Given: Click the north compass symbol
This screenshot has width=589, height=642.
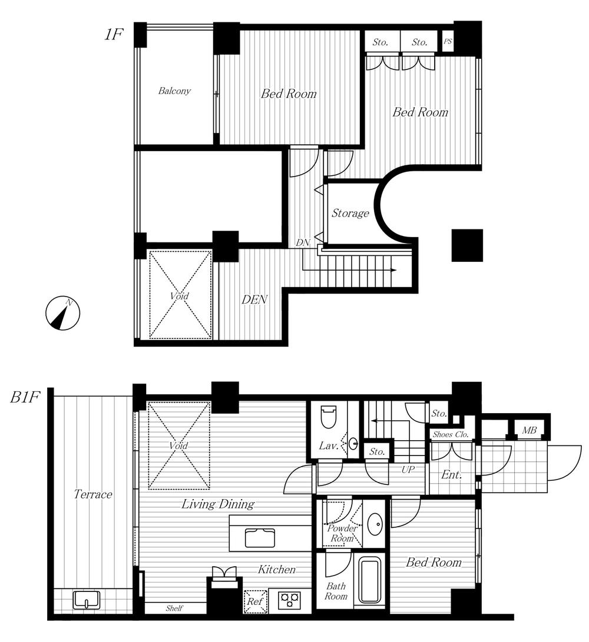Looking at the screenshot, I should coord(62,313).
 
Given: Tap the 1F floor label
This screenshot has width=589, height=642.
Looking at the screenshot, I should coord(113,35).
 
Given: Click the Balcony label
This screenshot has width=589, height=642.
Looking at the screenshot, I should coord(174,91).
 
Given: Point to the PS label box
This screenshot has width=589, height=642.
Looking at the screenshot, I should coord(448,42).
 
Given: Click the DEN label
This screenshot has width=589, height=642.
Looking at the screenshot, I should coord(254,300).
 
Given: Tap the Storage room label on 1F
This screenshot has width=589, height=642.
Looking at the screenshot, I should coord(350,214).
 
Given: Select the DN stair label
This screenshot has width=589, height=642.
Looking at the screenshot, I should coord(303,242).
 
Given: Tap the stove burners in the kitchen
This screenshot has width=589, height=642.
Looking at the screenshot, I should coord(289,600).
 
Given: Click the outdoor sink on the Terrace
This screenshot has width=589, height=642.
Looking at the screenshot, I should coord(87,600).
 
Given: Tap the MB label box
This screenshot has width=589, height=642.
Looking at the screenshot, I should coord(528,431).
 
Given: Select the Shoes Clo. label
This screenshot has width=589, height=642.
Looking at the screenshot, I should coord(451,435).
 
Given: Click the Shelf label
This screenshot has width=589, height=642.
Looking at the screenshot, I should coord(174,608).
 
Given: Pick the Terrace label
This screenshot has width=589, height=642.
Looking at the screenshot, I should coord(93,494).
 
